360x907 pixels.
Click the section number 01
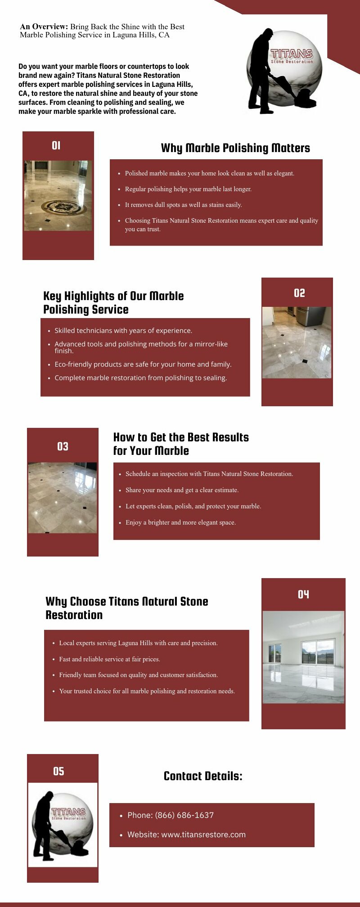tap(56, 145)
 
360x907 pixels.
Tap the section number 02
tap(299, 293)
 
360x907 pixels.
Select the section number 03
tap(63, 446)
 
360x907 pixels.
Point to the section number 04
tap(303, 594)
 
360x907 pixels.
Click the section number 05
tap(58, 771)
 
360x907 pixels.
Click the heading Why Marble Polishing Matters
tap(235, 148)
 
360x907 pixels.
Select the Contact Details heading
tap(203, 776)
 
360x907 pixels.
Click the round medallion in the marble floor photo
tap(62, 207)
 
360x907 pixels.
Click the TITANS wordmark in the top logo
tap(292, 54)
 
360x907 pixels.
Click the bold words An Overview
tap(44, 27)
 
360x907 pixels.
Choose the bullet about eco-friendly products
tap(143, 364)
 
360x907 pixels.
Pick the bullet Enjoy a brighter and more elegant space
tap(180, 522)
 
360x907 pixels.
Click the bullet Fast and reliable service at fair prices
tap(109, 659)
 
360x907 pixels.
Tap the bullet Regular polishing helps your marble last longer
tap(188, 189)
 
